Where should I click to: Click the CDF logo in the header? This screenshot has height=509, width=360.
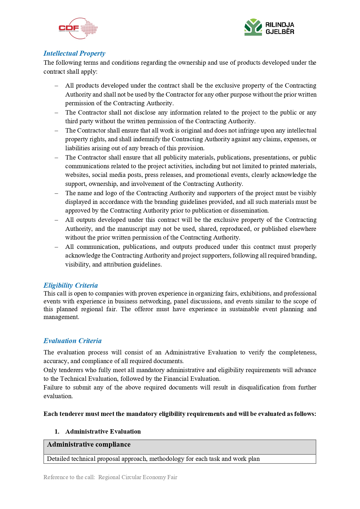[78, 28]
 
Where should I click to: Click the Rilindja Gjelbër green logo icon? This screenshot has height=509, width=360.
[253, 27]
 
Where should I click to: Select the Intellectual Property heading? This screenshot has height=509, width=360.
[74, 53]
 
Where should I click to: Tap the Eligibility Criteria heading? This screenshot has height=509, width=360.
[70, 285]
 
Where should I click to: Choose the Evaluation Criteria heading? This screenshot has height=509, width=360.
[73, 341]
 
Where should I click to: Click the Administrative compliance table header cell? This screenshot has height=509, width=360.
[180, 447]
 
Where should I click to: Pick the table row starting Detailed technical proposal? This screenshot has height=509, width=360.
[180, 459]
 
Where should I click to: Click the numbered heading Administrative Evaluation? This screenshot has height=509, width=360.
[103, 432]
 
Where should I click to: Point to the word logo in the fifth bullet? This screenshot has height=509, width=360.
[111, 193]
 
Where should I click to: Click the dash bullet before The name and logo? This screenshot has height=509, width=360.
[57, 193]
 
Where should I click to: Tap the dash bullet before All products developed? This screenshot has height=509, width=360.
[57, 86]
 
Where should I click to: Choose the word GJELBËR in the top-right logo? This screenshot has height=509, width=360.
[280, 32]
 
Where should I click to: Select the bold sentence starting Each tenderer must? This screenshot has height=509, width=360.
[180, 414]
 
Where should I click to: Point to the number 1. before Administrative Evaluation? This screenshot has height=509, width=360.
[57, 432]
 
